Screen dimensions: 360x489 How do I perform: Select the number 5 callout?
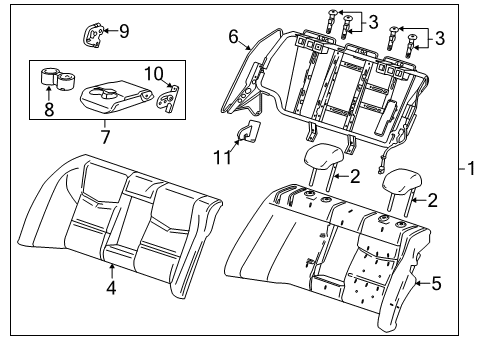click(x=436, y=283)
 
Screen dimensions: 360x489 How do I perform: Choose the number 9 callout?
click(x=124, y=31)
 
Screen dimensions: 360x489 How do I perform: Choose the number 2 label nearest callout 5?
click(x=432, y=200)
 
